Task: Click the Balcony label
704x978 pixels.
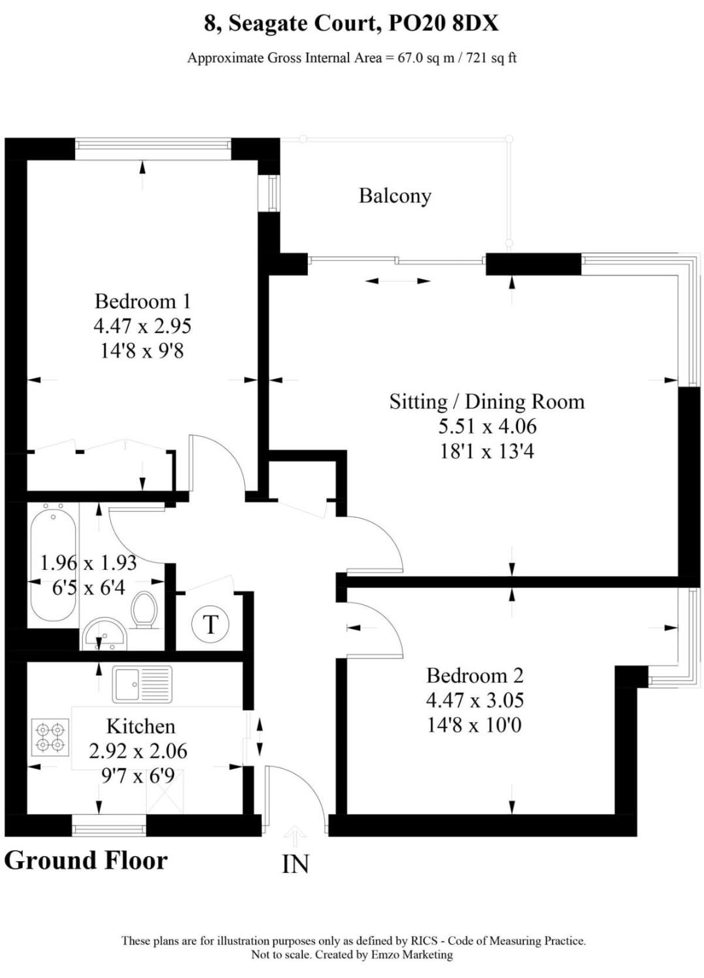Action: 395,196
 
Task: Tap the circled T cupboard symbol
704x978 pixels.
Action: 211,624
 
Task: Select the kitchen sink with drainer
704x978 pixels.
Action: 142,684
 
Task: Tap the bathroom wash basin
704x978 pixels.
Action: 104,633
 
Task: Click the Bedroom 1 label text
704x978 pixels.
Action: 143,301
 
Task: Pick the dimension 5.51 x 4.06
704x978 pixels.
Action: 488,426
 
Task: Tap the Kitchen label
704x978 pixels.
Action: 141,726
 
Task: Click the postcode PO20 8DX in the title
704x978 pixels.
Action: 443,23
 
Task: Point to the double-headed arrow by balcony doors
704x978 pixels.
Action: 398,281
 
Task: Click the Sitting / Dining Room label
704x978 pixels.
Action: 487,401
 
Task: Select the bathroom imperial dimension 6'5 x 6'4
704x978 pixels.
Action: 89,588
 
